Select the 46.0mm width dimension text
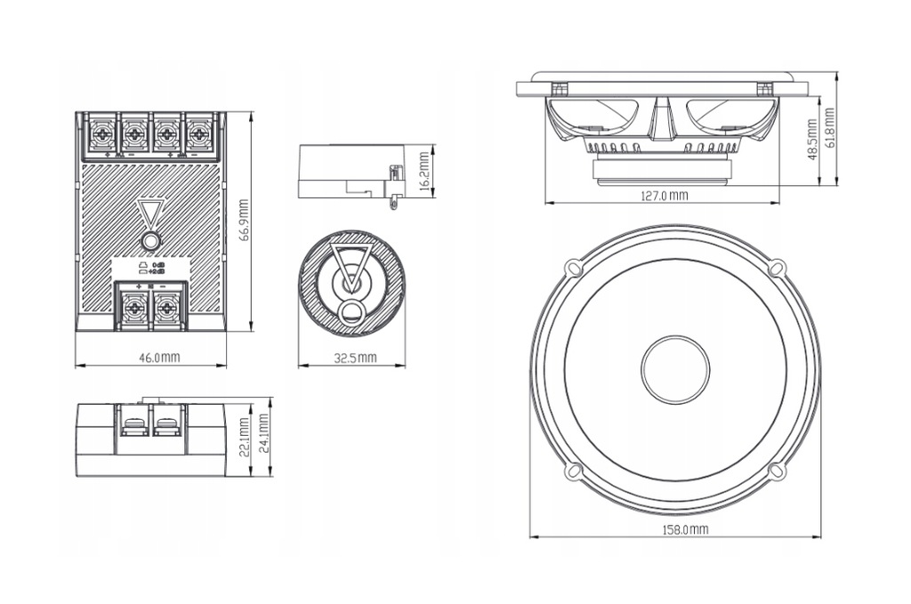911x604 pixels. click(x=160, y=358)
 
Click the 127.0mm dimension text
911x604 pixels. click(x=665, y=195)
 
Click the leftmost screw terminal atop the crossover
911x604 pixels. click(x=102, y=134)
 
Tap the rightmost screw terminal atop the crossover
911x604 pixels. click(x=198, y=134)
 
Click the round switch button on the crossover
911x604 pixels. click(x=151, y=241)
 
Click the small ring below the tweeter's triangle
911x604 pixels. click(x=351, y=311)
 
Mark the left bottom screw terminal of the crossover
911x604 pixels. click(x=133, y=307)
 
